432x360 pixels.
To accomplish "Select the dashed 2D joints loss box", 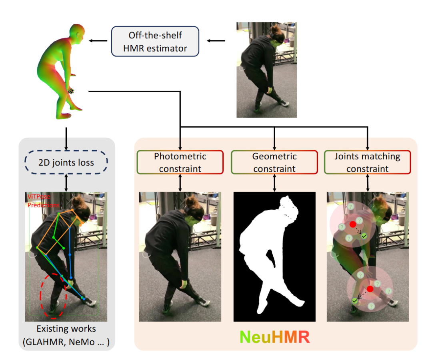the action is (66, 162).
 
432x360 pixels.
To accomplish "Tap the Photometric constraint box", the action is (180, 162).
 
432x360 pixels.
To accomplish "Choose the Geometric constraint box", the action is (274, 162).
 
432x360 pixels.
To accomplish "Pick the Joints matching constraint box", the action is (368, 162).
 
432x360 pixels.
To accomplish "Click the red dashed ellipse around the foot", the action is (53, 296).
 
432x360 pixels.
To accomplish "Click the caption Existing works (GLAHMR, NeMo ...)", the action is (66, 336).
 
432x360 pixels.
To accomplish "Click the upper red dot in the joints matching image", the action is (352, 225).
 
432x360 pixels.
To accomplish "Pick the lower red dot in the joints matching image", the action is (370, 288).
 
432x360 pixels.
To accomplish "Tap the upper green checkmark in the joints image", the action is (364, 237).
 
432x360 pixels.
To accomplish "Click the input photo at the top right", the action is (266, 70).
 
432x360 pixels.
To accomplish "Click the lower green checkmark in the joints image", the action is (354, 300).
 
